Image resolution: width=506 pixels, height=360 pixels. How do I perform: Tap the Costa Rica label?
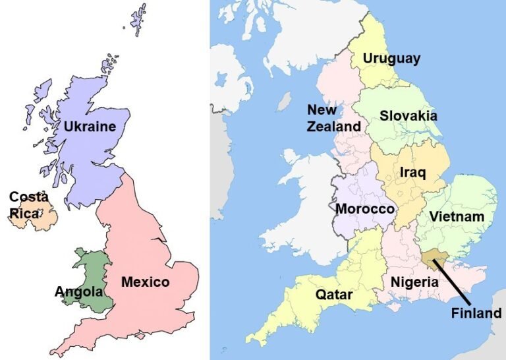[x=29, y=204]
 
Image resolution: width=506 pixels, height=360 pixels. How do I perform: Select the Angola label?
[x=78, y=291]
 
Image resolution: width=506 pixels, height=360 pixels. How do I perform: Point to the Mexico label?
[x=145, y=282]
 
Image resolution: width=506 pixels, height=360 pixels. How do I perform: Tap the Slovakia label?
[x=408, y=115]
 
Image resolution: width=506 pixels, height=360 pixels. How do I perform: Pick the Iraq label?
[x=413, y=173]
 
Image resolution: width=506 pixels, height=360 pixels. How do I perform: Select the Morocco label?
[x=365, y=209]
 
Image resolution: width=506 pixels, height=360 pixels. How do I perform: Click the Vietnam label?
[x=457, y=216]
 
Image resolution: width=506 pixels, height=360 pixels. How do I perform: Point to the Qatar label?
[x=333, y=295]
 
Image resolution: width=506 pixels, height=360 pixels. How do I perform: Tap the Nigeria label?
[x=414, y=282]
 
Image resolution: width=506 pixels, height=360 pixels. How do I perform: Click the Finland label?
[x=476, y=313]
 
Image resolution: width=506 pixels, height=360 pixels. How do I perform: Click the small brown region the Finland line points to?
[x=432, y=259]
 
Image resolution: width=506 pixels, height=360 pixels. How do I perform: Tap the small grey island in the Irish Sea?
[x=285, y=101]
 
